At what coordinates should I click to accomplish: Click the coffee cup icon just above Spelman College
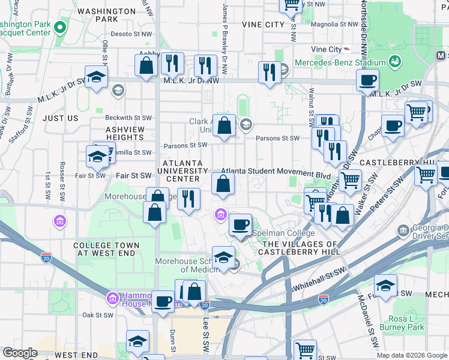tap(240, 224)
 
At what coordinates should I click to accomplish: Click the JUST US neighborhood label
tap(61, 118)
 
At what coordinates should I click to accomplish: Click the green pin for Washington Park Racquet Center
tap(59, 28)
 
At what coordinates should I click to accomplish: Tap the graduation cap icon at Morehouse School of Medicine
tap(223, 257)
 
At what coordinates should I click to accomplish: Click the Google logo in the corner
tap(20, 353)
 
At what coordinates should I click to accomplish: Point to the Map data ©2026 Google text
tap(411, 355)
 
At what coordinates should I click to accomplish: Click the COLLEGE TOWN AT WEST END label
tap(106, 250)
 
